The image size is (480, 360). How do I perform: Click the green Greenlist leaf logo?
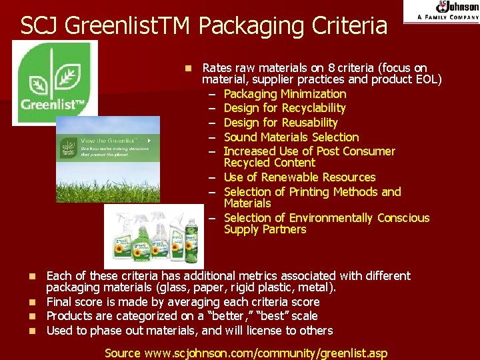pyautogui.click(x=55, y=81)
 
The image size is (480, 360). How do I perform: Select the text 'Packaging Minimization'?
pyautogui.click(x=285, y=94)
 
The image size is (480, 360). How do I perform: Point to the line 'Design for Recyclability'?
pyautogui.click(x=285, y=108)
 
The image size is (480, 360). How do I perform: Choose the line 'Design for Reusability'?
pyautogui.click(x=281, y=123)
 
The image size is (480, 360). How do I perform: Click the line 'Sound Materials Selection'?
pyautogui.click(x=291, y=137)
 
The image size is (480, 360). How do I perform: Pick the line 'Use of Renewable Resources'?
pyautogui.click(x=299, y=177)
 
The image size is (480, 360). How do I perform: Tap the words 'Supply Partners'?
pyautogui.click(x=265, y=229)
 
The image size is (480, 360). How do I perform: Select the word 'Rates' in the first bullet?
pyautogui.click(x=216, y=68)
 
